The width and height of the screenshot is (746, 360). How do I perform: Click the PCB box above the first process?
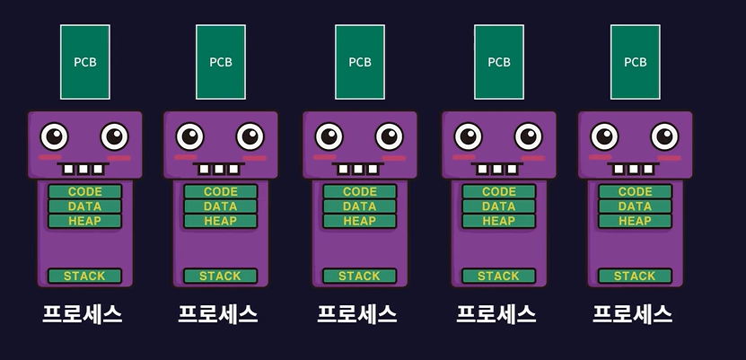tap(85, 62)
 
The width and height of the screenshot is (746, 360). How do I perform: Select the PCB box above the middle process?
tap(360, 62)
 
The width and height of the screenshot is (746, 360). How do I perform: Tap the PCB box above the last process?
tap(635, 62)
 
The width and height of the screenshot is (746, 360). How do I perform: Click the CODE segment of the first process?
tap(84, 192)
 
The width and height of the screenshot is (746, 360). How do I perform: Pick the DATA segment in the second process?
tap(221, 206)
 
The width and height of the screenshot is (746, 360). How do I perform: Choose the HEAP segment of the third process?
tap(360, 221)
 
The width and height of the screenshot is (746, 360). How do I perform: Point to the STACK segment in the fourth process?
tap(498, 276)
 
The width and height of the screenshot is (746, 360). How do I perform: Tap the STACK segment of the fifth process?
tap(635, 276)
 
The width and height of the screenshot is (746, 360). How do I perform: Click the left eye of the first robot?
tap(54, 136)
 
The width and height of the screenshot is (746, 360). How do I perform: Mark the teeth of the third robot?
tap(360, 168)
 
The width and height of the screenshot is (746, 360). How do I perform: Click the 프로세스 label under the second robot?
tap(218, 314)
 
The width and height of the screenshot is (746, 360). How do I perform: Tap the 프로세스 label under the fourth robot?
tap(496, 314)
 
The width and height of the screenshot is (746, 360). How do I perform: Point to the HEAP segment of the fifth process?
tap(635, 221)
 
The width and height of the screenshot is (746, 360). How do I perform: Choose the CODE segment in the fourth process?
tap(498, 192)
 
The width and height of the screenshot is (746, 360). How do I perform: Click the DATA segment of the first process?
tap(84, 206)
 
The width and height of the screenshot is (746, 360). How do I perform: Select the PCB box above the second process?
tap(221, 62)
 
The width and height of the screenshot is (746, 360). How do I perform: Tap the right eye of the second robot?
tap(250, 136)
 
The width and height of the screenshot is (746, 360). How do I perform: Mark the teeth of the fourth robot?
tap(499, 168)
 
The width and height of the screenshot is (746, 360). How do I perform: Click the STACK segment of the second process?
tap(221, 276)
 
